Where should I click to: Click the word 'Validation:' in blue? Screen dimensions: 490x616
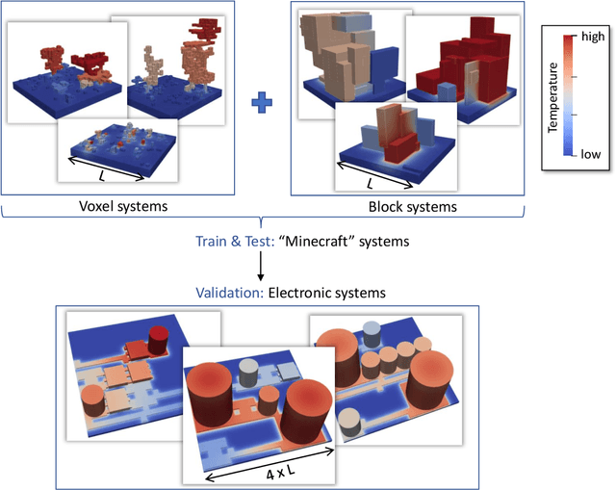point(228,291)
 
